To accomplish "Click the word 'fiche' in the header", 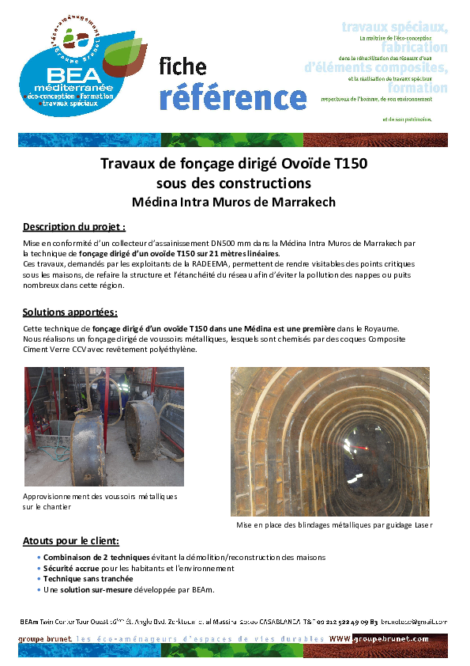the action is [182, 67].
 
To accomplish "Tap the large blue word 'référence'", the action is [232, 96].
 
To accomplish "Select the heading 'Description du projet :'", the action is [74, 226].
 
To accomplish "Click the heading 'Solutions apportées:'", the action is [70, 312].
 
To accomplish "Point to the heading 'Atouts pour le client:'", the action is [71, 541].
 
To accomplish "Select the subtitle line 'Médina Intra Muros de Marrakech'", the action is [234, 202].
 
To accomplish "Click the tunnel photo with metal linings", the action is [330, 441].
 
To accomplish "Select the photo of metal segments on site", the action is [104, 426].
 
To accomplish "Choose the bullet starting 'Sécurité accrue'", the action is [136, 568].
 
